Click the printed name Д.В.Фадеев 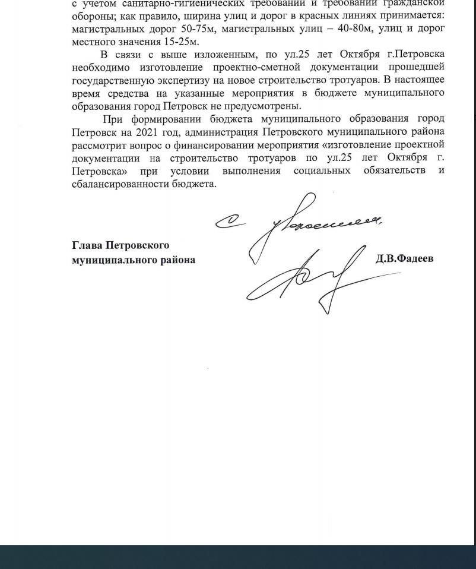pos(404,258)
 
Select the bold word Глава pos(87,245)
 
